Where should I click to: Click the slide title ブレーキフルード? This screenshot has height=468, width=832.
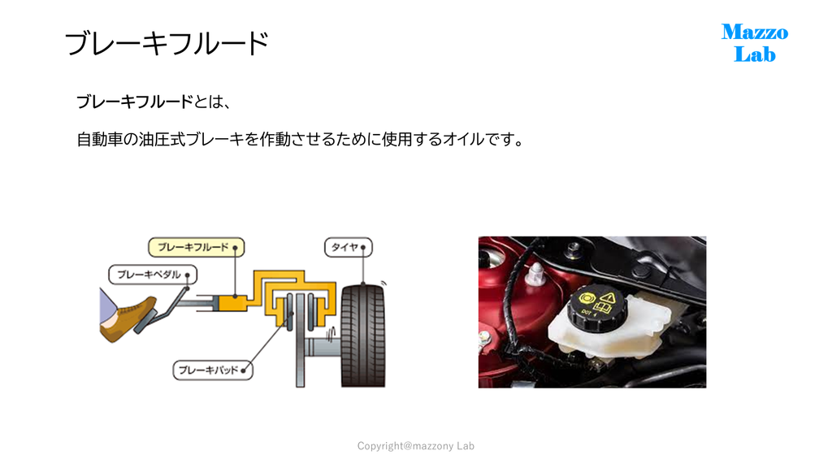pyautogui.click(x=167, y=44)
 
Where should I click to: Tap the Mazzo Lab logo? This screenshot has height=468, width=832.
pyautogui.click(x=755, y=43)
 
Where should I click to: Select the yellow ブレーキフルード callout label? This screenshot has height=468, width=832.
pyautogui.click(x=197, y=247)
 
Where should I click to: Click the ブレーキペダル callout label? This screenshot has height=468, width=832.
pyautogui.click(x=153, y=275)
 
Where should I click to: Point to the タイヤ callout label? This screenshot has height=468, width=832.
pyautogui.click(x=348, y=247)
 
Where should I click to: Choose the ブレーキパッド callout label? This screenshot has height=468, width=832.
pyautogui.click(x=213, y=370)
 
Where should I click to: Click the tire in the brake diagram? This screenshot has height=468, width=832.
pyautogui.click(x=363, y=336)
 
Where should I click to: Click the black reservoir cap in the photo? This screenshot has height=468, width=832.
pyautogui.click(x=596, y=306)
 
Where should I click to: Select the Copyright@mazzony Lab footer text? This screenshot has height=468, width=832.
pyautogui.click(x=415, y=446)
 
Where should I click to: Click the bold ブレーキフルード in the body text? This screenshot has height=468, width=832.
pyautogui.click(x=135, y=102)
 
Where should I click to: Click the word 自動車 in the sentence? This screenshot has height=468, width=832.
pyautogui.click(x=100, y=140)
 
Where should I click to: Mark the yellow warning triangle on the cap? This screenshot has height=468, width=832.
pyautogui.click(x=608, y=297)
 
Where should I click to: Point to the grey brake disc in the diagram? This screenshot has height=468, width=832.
pyautogui.click(x=301, y=340)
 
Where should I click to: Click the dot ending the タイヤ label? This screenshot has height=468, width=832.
pyautogui.click(x=363, y=248)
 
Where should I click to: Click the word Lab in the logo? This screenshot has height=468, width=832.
pyautogui.click(x=755, y=54)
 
